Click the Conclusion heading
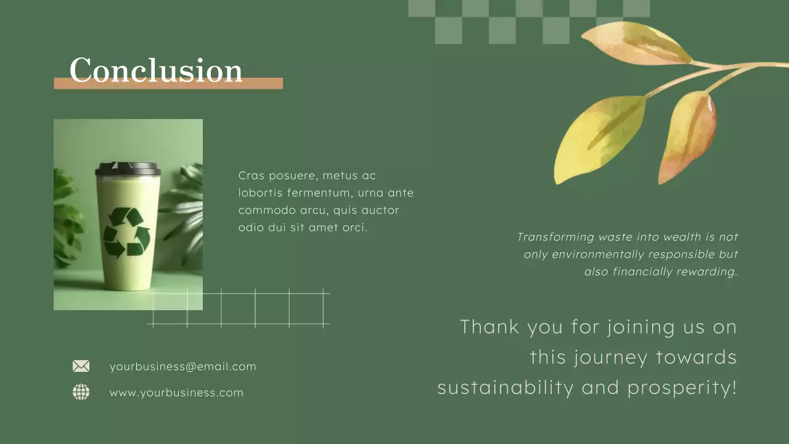[156, 70]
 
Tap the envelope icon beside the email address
[81, 366]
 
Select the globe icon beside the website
[81, 392]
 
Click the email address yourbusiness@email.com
[182, 366]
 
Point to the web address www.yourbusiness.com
[176, 393]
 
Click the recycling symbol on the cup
[127, 232]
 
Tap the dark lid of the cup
[128, 168]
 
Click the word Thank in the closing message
[489, 326]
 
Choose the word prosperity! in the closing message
[682, 388]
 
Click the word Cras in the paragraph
[251, 176]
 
